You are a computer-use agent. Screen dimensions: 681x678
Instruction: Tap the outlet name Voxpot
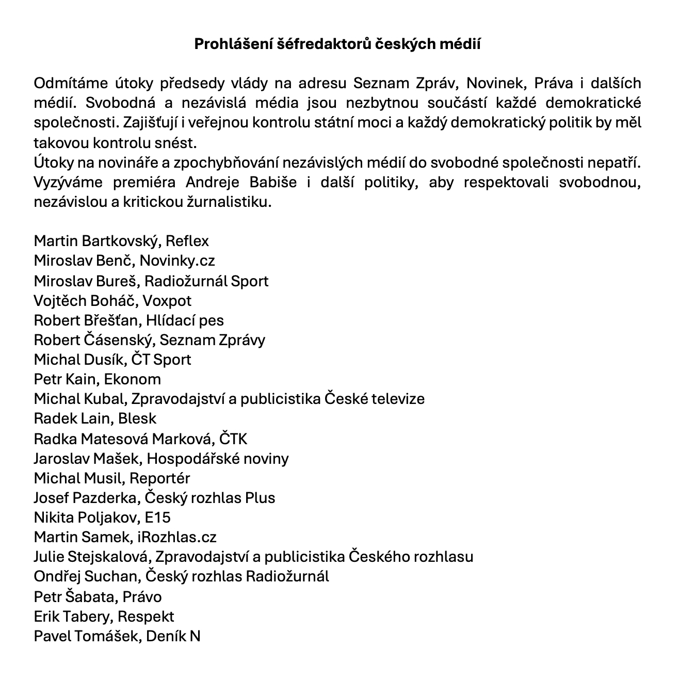pyautogui.click(x=167, y=300)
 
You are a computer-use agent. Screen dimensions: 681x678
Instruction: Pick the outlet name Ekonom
pyautogui.click(x=133, y=379)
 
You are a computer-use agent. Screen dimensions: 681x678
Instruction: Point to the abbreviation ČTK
pyautogui.click(x=233, y=439)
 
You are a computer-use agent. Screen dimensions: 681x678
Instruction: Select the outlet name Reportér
pyautogui.click(x=159, y=478)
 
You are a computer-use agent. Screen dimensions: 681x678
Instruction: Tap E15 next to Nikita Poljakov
pyautogui.click(x=158, y=517)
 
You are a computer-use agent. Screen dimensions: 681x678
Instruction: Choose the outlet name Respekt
pyautogui.click(x=146, y=617)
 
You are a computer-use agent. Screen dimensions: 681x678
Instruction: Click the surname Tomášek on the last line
pyautogui.click(x=107, y=636)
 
